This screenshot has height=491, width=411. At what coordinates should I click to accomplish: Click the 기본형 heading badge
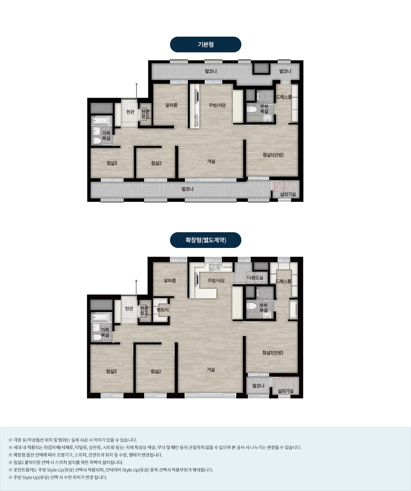pos(205,45)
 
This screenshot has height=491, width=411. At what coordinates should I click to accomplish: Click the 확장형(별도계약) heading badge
pos(205,240)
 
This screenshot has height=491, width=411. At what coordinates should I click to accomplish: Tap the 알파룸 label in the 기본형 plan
pos(171,105)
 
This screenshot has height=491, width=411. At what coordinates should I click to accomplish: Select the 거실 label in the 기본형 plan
pos(211,161)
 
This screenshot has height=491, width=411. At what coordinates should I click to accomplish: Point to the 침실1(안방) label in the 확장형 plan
pos(273,353)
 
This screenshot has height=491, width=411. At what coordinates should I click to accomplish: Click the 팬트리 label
pos(163,310)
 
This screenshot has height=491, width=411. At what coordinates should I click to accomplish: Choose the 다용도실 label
pos(255,277)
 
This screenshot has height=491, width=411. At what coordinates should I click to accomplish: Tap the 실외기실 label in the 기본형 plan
pos(288,194)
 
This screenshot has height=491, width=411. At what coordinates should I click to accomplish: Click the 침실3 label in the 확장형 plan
pos(111,372)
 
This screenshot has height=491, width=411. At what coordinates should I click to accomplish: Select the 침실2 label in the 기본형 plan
pos(156,163)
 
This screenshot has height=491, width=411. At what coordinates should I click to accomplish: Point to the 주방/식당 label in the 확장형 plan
pos(216,280)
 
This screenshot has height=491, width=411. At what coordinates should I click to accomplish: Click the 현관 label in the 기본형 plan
pos(130,112)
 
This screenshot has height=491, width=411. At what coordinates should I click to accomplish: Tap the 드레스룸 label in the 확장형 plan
pos(283,281)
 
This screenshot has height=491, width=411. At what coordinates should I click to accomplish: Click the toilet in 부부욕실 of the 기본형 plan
pos(252,110)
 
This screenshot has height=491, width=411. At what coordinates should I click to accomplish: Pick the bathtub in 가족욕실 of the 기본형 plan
pos(102,121)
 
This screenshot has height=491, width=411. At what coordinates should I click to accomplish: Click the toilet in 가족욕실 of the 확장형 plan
pos(97,337)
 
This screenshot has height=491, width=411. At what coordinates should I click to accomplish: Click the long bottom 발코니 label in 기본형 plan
pos(187,189)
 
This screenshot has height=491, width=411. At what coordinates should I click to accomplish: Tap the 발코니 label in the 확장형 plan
pos(258,386)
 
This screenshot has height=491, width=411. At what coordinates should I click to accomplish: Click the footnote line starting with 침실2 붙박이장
pos(66,462)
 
